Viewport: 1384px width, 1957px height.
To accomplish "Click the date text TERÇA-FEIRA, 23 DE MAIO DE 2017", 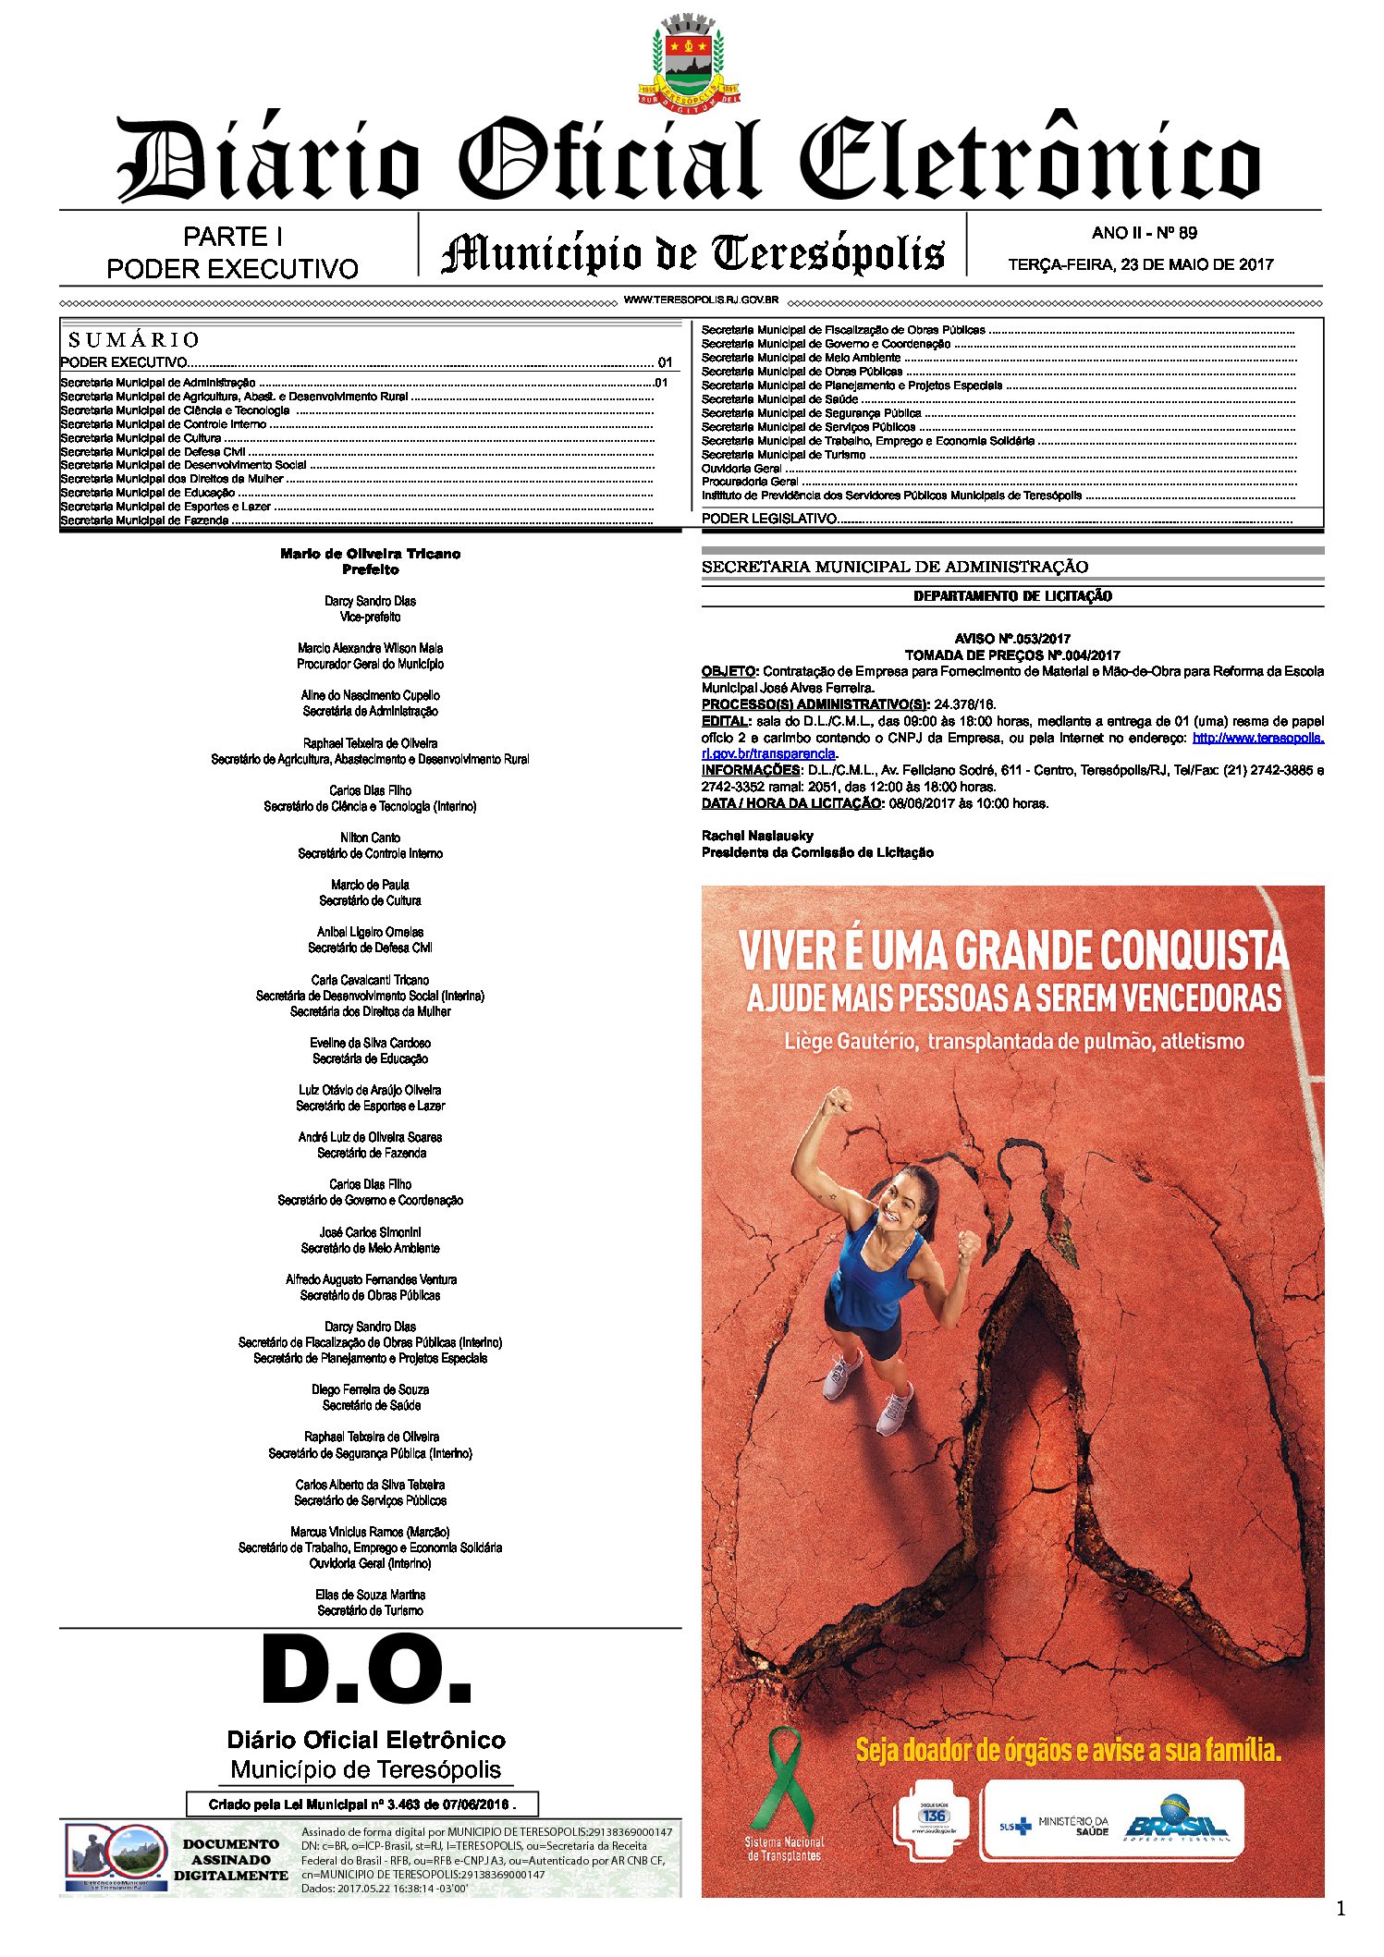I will point(1140,264).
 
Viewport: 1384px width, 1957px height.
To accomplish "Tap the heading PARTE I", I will point(232,238).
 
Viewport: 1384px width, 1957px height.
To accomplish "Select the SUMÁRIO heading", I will point(134,339).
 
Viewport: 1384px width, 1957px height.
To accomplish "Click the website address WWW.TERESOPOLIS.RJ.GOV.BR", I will point(701,300).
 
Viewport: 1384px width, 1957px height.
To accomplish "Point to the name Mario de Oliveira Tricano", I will point(370,554).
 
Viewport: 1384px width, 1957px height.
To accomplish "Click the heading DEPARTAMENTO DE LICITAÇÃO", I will point(1012,596).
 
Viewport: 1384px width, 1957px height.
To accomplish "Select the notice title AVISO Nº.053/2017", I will point(1012,639).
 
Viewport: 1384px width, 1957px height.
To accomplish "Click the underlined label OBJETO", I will point(728,672).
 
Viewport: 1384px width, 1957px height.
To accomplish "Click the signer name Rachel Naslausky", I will point(757,836).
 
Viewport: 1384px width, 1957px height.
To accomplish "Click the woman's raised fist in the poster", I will point(838,1101).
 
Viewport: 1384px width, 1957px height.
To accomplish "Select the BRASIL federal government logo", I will point(1176,1818).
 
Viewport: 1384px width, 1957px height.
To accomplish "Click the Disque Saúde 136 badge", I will point(932,1816).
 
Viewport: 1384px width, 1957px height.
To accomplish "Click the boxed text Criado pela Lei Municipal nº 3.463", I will point(361,1804).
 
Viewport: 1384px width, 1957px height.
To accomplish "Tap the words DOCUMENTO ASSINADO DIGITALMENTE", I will point(231,1860).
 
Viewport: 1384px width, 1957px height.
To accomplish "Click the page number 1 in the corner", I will point(1341,1909).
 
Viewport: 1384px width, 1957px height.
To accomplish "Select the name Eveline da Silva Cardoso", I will point(370,1043).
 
